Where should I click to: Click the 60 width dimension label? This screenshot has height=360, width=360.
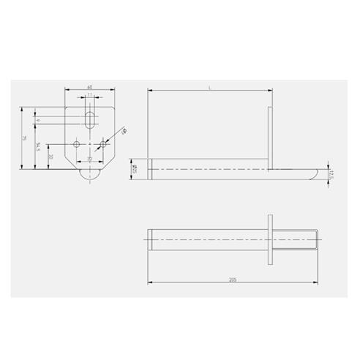[x=89, y=86]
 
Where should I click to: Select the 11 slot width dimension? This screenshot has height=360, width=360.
[x=89, y=95]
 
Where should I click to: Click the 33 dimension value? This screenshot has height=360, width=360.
[x=50, y=157]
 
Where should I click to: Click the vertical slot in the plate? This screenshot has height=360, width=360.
[x=89, y=118]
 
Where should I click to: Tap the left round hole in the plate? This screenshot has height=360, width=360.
[x=77, y=144]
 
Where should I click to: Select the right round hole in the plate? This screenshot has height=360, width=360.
[x=102, y=144]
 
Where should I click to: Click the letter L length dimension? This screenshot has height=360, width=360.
[x=209, y=87]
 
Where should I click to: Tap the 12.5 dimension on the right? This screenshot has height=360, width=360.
[x=331, y=174]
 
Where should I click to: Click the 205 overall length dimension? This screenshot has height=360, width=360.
[x=232, y=279]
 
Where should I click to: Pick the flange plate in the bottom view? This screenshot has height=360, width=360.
[x=271, y=239]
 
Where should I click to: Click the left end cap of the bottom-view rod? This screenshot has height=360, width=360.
[x=151, y=239]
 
